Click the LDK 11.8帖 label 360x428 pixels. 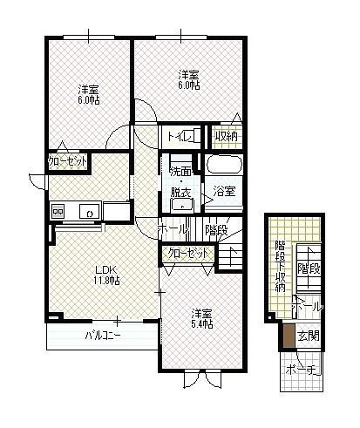pos(106,275)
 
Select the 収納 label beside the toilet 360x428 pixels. pos(226,136)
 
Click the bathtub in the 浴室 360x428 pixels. pos(224,165)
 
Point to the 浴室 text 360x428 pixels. pos(224,191)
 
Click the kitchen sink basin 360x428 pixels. pos(90,211)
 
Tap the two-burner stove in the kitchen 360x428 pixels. pos(58,211)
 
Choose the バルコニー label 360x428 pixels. pos(103,336)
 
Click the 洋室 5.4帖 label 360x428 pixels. pos(202,319)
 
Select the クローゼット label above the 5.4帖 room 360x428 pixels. pos(188,254)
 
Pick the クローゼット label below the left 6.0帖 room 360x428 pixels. pos(68,161)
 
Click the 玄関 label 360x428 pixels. pos(309,336)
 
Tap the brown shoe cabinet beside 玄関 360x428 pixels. pos(288,336)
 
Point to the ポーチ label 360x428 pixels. pos(303,370)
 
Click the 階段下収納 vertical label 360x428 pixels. pos(281,266)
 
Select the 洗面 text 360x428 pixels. pos(180,172)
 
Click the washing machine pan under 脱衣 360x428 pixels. pos(182,205)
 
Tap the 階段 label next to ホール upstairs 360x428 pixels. pos(216,230)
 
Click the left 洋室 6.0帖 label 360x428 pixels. pos(89,94)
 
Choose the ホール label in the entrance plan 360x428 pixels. pos(308,307)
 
